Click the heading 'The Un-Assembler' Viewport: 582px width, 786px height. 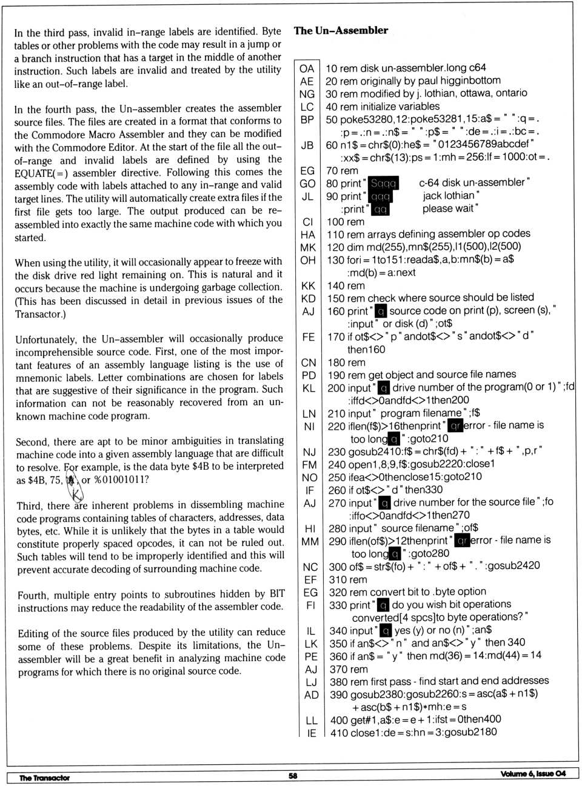341,30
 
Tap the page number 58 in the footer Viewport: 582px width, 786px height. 293,775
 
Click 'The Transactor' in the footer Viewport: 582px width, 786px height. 44,778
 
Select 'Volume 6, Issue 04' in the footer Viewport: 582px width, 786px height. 533,773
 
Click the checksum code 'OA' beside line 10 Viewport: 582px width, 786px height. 307,68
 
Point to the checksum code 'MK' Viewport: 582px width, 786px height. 307,247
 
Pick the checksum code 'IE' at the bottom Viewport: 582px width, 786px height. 311,733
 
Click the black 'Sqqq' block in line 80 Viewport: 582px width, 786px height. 383,183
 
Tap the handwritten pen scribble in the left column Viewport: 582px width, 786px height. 74,484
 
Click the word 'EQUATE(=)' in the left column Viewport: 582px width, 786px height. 39,172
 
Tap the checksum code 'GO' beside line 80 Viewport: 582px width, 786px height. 307,184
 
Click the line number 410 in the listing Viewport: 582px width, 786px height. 339,732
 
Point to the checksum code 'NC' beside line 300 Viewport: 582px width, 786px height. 310,567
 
